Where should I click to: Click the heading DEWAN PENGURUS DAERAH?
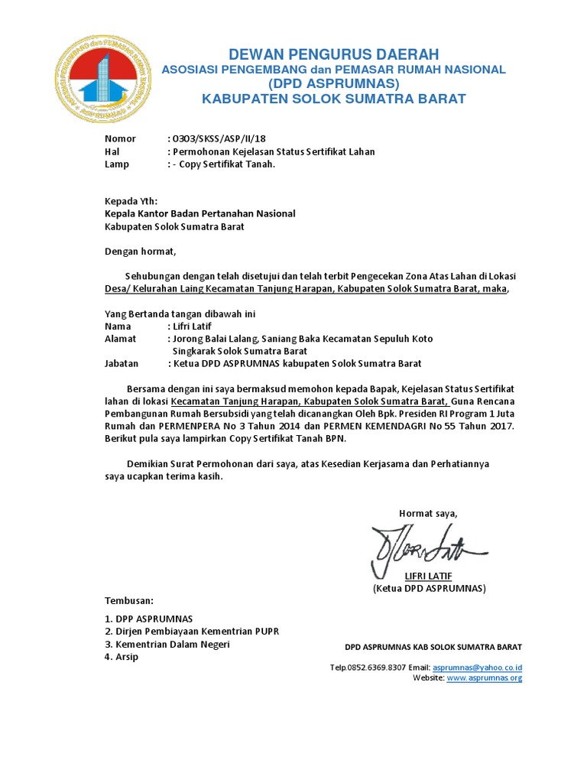[x=333, y=54]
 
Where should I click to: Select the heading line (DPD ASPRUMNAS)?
[x=333, y=83]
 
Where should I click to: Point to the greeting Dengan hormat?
[x=140, y=251]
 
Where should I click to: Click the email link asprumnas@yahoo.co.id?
[x=477, y=668]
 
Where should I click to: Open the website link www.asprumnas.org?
[x=484, y=677]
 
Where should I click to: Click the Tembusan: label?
[x=129, y=600]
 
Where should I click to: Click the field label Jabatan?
[x=122, y=363]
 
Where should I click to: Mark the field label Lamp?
[x=117, y=164]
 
